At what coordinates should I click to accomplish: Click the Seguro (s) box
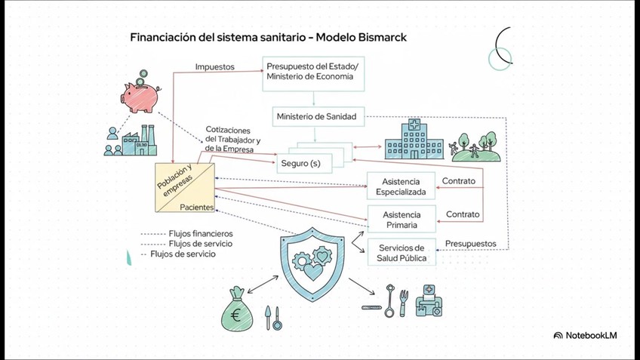click(300, 163)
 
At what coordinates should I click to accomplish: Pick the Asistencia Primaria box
click(401, 219)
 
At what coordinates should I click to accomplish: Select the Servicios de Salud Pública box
click(401, 253)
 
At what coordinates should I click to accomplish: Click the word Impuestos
click(214, 66)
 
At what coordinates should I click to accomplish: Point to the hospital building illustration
click(411, 139)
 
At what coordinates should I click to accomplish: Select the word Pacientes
click(196, 207)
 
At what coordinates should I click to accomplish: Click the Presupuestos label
click(470, 244)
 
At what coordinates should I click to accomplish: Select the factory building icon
click(141, 141)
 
